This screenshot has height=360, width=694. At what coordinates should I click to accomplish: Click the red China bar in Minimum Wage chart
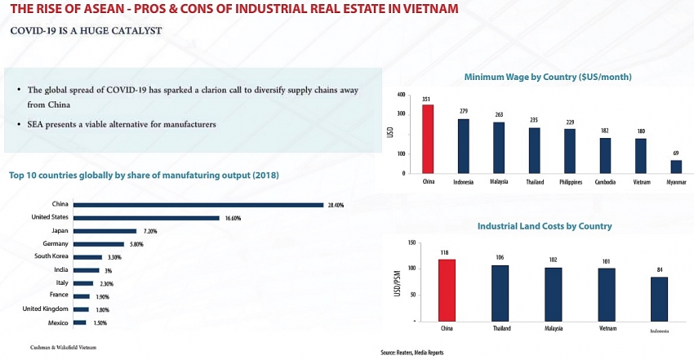(427, 139)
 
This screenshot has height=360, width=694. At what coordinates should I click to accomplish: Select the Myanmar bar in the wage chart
(676, 167)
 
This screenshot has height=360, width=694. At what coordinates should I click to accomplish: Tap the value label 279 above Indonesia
(463, 111)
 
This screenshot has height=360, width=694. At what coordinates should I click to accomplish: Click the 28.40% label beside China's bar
(336, 205)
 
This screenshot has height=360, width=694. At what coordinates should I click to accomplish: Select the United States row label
(49, 218)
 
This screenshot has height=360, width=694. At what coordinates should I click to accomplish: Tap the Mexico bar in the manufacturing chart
(79, 323)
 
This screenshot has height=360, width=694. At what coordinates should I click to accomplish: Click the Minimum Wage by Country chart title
(547, 77)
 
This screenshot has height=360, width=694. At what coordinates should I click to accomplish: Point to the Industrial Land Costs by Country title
(545, 226)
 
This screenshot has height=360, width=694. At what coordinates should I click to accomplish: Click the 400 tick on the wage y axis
(400, 95)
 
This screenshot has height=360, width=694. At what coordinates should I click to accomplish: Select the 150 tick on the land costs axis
(412, 242)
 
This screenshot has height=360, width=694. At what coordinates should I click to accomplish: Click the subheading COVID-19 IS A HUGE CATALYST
(86, 30)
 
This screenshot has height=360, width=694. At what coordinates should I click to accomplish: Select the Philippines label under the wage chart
(570, 182)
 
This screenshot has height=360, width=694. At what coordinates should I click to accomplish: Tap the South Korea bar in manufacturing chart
(87, 257)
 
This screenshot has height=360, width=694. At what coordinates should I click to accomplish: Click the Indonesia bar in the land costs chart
(659, 299)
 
